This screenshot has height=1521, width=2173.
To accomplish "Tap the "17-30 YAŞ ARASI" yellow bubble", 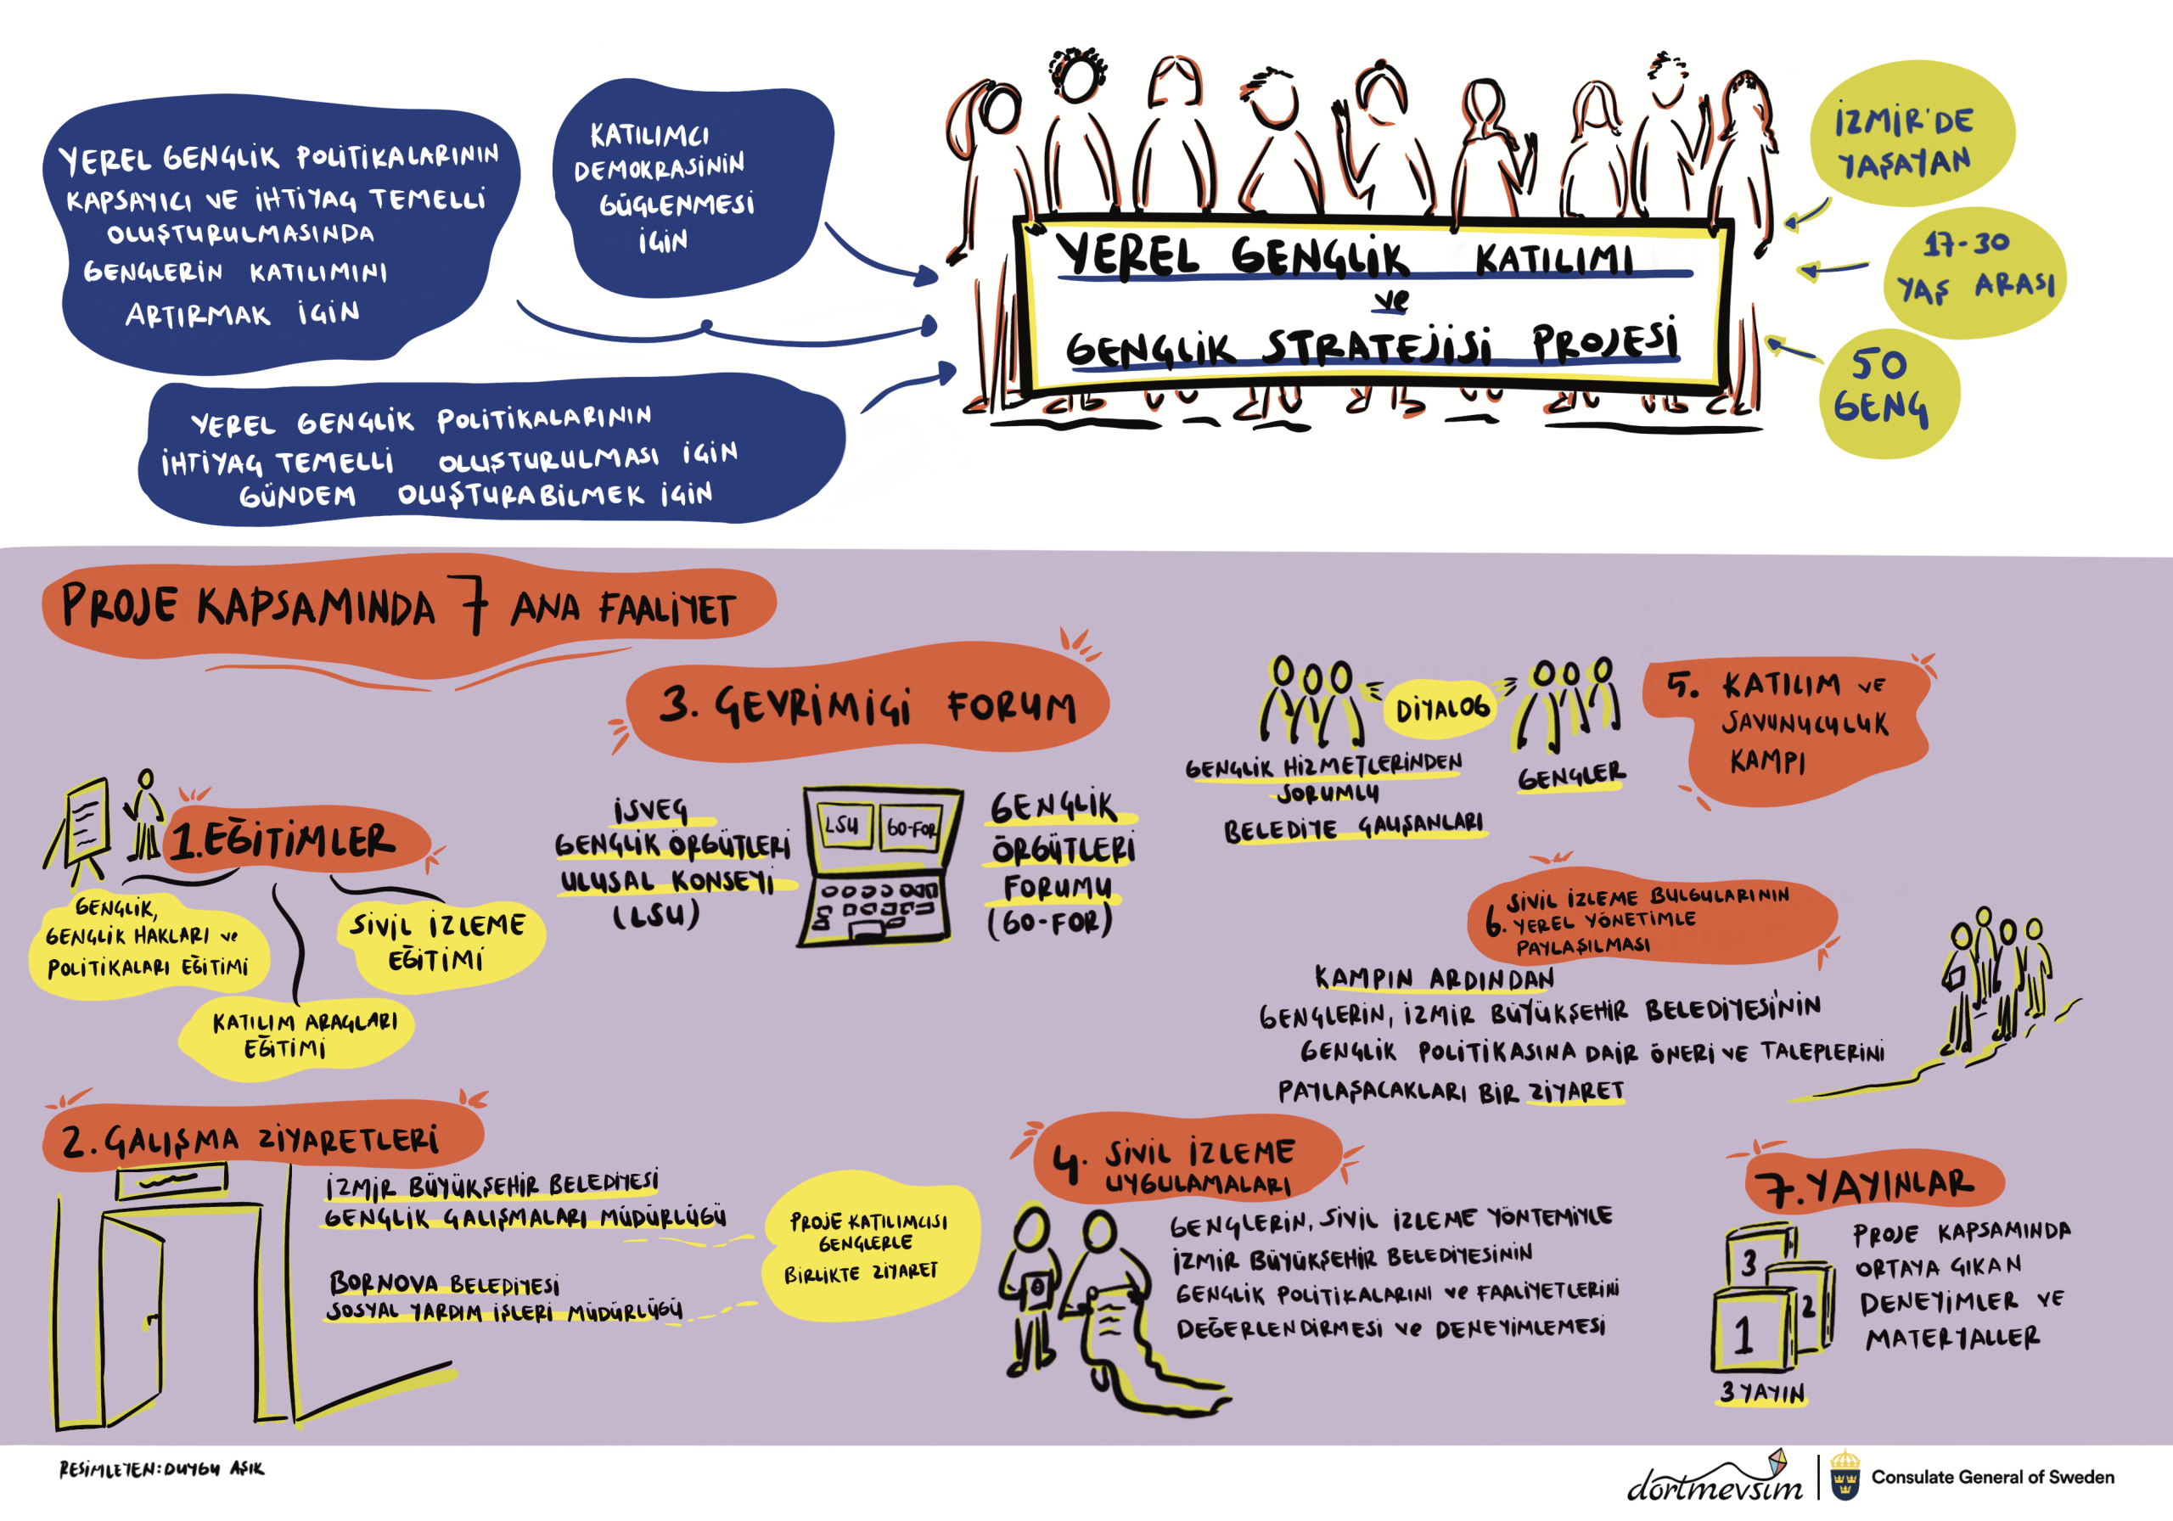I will tap(1975, 272).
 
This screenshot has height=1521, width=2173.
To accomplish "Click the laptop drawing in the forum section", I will tap(879, 865).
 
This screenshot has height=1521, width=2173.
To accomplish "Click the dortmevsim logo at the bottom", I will tap(1713, 1481).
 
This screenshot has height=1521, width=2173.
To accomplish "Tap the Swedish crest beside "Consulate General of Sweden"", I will tap(1844, 1477).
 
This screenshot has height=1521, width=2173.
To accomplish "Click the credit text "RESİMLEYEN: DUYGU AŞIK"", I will tap(162, 1469).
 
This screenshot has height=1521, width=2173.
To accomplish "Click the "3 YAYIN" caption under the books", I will tap(1762, 1392).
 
